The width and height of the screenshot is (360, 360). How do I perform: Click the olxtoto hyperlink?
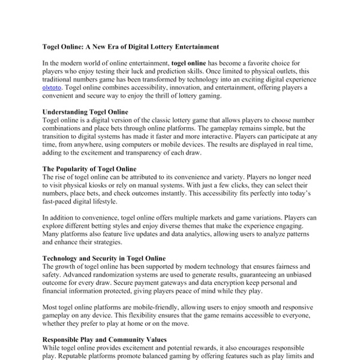(x=52, y=88)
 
